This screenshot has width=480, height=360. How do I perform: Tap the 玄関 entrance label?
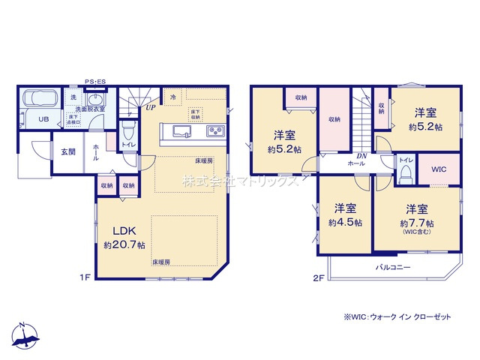point(68,151)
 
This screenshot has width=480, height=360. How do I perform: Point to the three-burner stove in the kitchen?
point(214,133)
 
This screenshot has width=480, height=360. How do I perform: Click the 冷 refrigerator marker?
point(173,97)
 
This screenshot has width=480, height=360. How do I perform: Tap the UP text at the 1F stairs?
point(151,107)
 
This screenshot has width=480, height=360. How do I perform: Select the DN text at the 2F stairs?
point(361,155)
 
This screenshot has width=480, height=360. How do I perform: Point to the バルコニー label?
point(393,267)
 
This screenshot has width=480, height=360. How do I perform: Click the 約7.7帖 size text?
point(417,223)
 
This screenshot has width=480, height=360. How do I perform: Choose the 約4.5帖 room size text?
point(345,223)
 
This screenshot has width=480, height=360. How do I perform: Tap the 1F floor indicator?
point(85,277)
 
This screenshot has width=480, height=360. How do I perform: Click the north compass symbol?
point(25,336)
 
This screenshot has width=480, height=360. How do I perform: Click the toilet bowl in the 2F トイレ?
point(406,174)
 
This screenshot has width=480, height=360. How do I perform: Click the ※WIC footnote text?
point(397,317)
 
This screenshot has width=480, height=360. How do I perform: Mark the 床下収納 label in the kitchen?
point(195,115)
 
